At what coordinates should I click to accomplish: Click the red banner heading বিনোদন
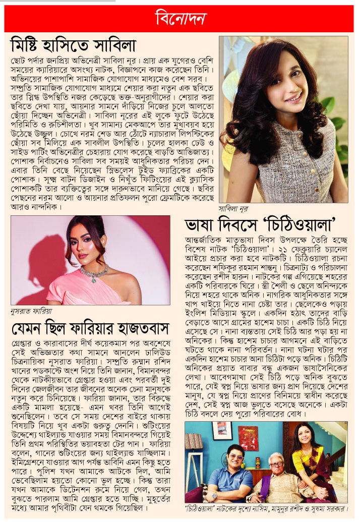pyautogui.click(x=180, y=19)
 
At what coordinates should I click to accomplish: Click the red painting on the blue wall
pyautogui.click(x=247, y=438)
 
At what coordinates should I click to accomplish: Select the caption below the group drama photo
pyautogui.click(x=266, y=510)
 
